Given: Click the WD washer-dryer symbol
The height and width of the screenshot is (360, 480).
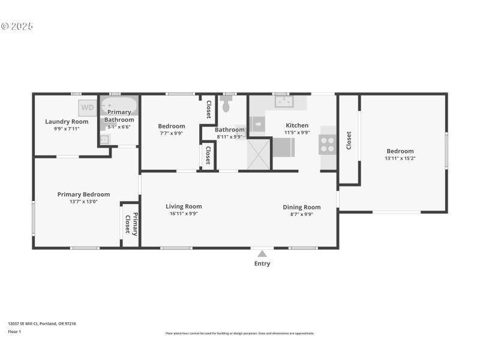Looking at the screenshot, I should click(x=88, y=108).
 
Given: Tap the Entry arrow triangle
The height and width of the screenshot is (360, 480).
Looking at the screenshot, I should click(x=262, y=254).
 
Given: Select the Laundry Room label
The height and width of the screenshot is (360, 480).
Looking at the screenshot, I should click(x=67, y=121).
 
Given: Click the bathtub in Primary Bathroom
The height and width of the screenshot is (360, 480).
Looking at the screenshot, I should click(x=119, y=107).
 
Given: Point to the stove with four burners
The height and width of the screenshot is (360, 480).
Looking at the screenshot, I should click(x=328, y=144).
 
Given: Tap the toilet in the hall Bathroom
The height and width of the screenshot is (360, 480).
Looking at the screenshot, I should click(x=226, y=106).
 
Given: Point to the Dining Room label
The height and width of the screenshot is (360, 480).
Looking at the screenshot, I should click(x=302, y=207).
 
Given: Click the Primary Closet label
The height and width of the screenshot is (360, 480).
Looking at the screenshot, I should click(x=131, y=224).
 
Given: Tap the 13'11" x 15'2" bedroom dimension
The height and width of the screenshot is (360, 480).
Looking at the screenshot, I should click(x=400, y=158).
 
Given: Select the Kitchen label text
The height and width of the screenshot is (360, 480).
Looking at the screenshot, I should click(x=297, y=125).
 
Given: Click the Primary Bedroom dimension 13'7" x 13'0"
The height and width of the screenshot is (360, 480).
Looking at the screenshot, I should click(x=83, y=202).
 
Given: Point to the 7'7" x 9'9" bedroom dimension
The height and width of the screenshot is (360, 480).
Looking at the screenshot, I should click(x=171, y=133).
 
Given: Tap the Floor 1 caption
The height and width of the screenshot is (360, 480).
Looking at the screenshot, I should click(x=14, y=331).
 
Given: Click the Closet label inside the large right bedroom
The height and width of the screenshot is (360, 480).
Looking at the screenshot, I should click(x=349, y=141).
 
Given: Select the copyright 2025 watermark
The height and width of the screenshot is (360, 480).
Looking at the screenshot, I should click(x=17, y=26).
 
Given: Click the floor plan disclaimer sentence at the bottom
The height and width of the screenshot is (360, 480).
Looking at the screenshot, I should click(x=239, y=333).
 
